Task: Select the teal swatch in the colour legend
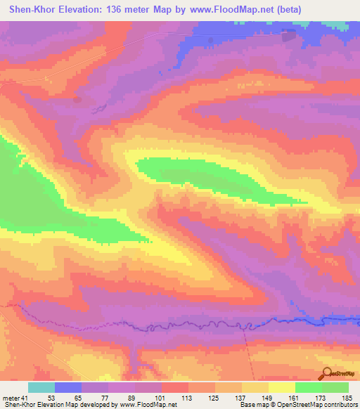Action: [41, 387]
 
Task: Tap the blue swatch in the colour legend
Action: [68, 387]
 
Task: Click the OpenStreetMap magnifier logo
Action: [328, 374]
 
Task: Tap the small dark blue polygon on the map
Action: [288, 36]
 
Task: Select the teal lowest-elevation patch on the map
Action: [340, 25]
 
